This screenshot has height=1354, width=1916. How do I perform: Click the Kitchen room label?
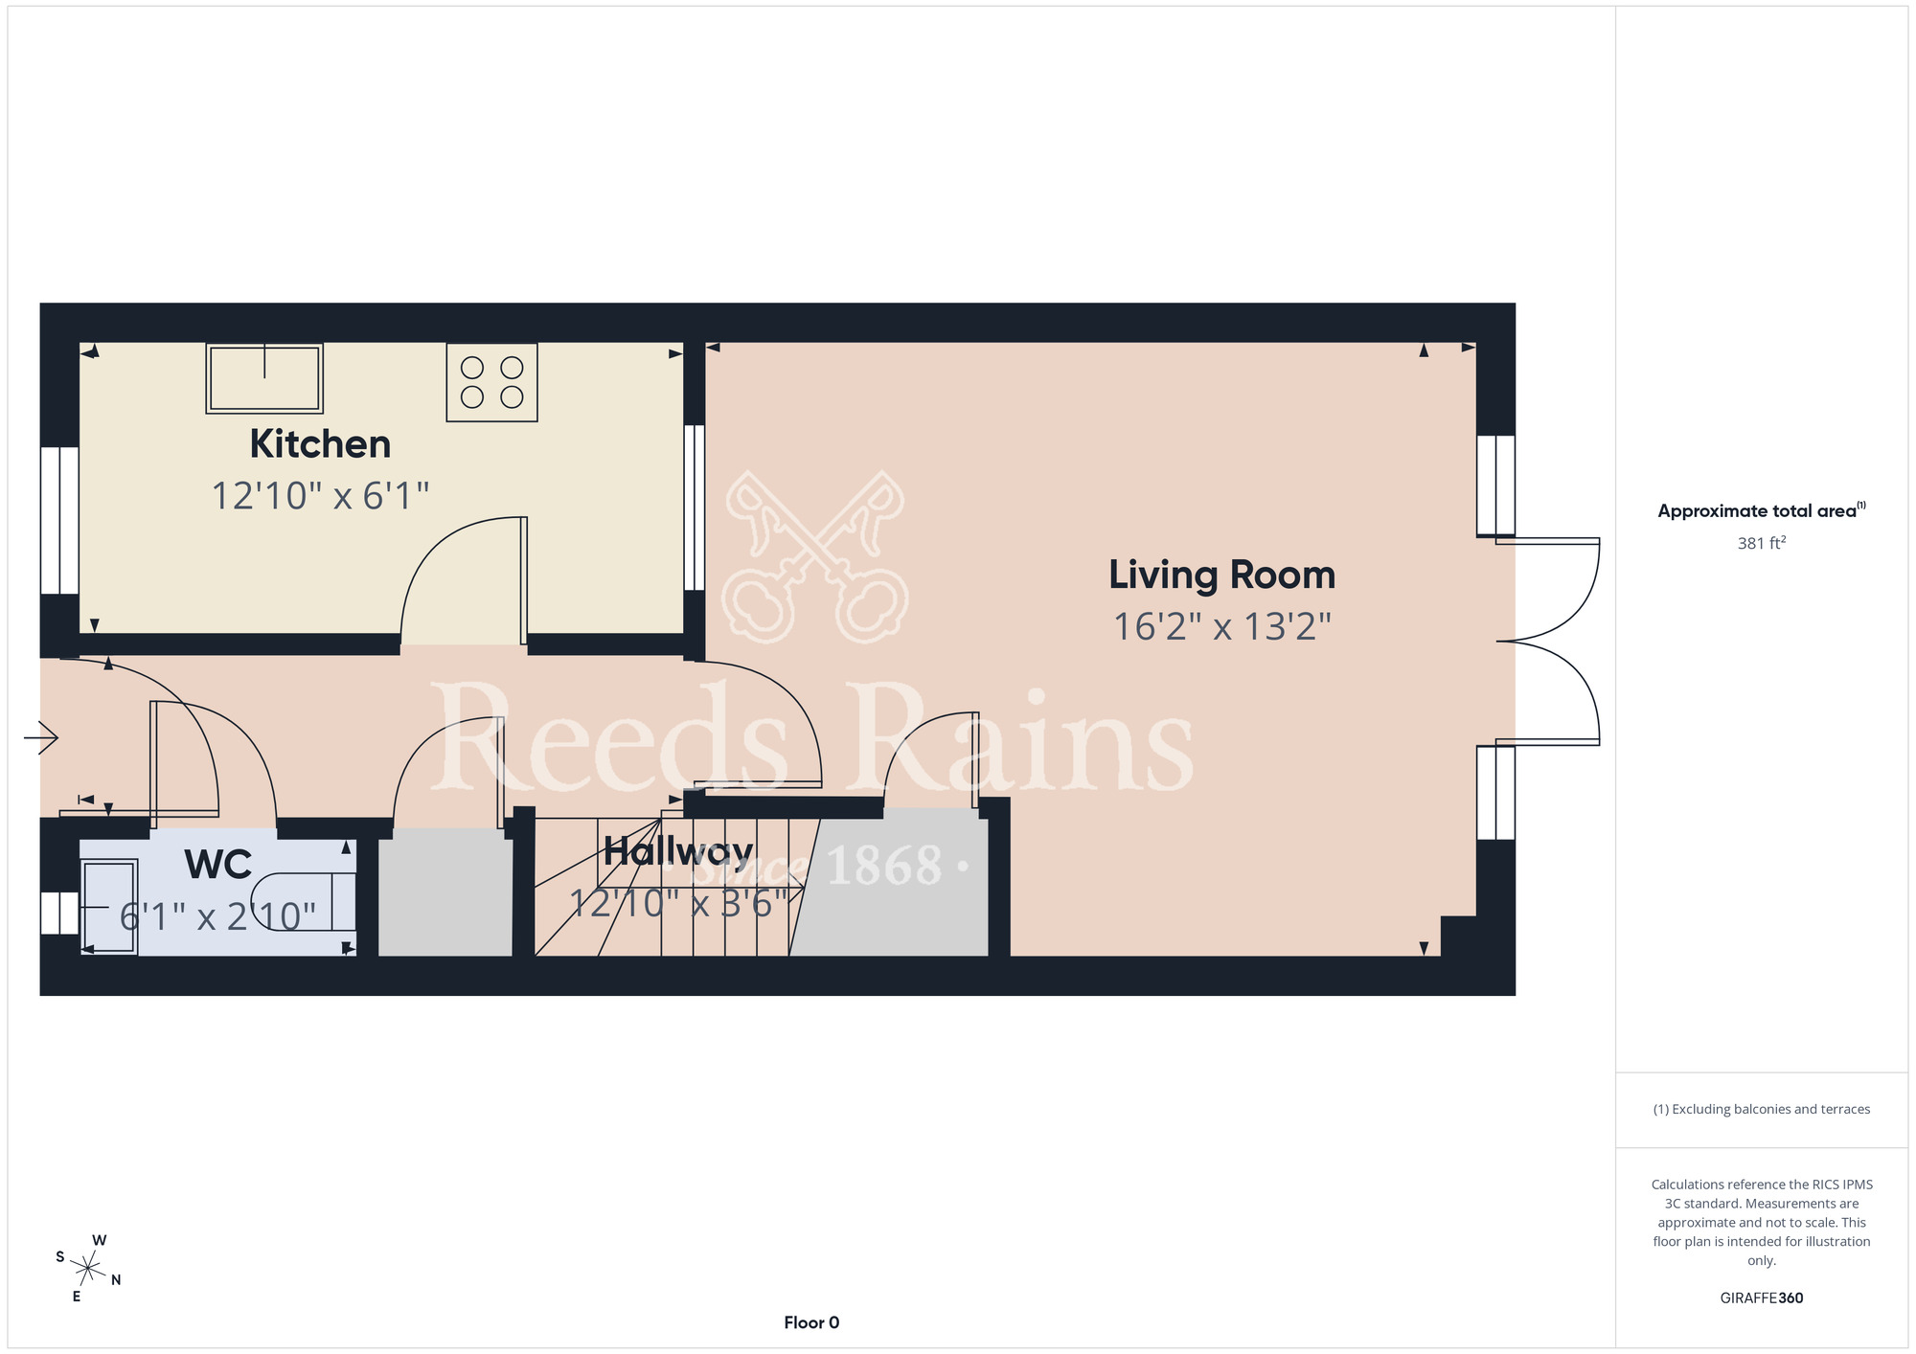click(x=320, y=444)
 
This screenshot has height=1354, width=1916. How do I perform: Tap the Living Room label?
click(x=1221, y=575)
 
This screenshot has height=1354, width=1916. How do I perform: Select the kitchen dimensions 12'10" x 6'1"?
click(x=320, y=496)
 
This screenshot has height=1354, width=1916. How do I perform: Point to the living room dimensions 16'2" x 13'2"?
click(x=1221, y=627)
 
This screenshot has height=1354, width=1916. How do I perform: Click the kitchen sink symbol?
click(x=264, y=378)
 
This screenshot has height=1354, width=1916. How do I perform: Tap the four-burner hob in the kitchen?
click(x=491, y=382)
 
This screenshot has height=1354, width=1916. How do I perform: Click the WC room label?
click(x=218, y=865)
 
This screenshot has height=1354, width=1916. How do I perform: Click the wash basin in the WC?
click(x=108, y=907)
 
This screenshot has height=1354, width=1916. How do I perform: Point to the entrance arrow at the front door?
click(x=41, y=737)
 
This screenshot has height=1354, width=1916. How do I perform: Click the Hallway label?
click(x=677, y=851)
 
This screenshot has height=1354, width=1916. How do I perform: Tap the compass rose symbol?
click(x=87, y=1270)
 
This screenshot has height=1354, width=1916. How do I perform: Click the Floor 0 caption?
click(x=811, y=1322)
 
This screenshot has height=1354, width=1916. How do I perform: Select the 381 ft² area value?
click(x=1762, y=543)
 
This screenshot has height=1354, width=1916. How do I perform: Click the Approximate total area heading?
click(x=1762, y=510)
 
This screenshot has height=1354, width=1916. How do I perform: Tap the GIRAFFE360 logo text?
click(x=1762, y=1298)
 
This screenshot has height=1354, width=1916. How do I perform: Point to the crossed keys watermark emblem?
click(x=815, y=556)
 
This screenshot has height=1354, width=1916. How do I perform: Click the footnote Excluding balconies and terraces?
click(x=1762, y=1109)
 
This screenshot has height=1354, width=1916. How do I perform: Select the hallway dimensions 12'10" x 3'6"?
click(x=678, y=903)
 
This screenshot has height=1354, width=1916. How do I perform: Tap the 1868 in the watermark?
click(x=884, y=867)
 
